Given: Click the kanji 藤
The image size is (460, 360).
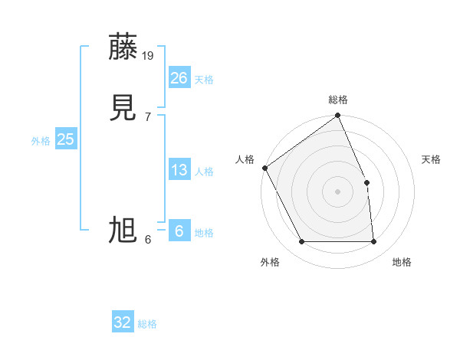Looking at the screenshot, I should [x=123, y=47].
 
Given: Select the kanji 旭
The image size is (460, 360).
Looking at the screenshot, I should [x=123, y=230].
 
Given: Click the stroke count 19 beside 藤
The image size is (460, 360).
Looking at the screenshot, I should [x=149, y=55].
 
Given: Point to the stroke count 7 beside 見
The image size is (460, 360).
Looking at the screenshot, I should [x=147, y=116].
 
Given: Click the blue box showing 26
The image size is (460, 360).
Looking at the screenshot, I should [x=179, y=78].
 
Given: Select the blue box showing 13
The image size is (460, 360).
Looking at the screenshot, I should [x=179, y=170].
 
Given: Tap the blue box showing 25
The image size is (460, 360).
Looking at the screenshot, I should [x=66, y=139].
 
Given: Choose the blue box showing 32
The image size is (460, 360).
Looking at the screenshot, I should [x=123, y=322].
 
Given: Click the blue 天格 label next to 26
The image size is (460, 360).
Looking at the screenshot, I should [x=204, y=80].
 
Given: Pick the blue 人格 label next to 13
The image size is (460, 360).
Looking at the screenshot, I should [x=204, y=172].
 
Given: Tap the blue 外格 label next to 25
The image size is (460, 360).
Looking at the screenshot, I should [x=41, y=141].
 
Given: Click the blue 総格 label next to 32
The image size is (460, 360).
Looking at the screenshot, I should [x=147, y=324].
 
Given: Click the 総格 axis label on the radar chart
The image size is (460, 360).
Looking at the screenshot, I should [x=338, y=100].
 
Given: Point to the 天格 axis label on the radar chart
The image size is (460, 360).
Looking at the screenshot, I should [x=431, y=159].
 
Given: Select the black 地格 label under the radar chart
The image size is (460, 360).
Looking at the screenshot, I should [x=402, y=262].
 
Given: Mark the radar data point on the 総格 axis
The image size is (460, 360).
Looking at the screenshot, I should [x=338, y=116].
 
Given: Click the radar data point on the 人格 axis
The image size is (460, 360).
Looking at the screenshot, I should [x=265, y=168].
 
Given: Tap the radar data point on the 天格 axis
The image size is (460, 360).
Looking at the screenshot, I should [x=366, y=182].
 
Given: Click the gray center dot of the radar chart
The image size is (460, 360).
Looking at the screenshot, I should [x=338, y=191].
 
